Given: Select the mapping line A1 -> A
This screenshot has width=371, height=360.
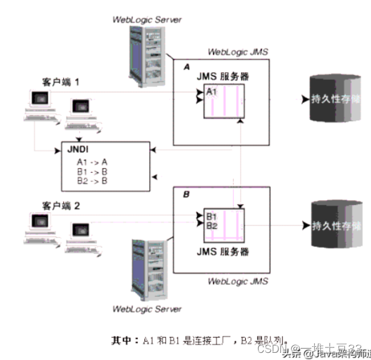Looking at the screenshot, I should [92, 162].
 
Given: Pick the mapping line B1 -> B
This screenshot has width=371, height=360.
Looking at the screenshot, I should [92, 171].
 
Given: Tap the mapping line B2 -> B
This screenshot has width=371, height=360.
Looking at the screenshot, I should [92, 180].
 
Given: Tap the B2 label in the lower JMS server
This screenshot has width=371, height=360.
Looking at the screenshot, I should [212, 226].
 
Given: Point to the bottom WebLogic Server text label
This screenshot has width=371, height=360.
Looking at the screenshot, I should [147, 309].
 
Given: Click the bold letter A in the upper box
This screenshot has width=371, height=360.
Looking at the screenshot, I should [187, 69].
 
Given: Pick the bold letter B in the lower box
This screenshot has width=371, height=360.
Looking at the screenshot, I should [186, 194].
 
